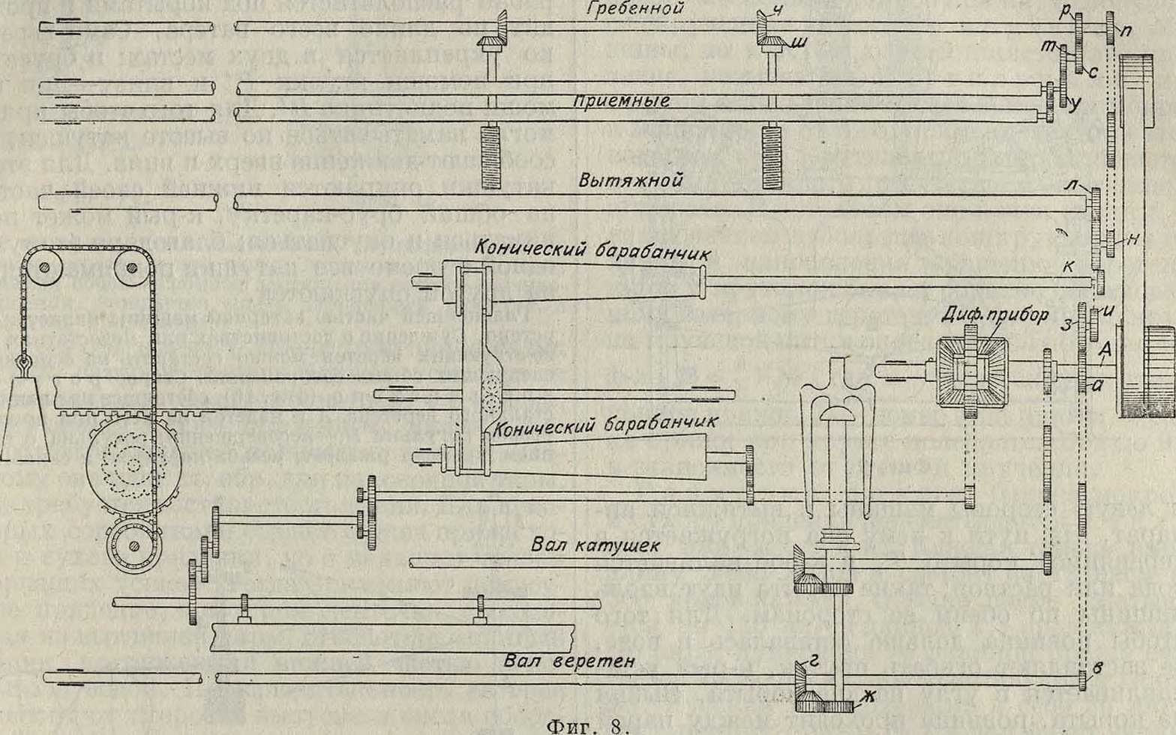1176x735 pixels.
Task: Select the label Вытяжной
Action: click(x=630, y=181)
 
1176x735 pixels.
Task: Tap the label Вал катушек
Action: click(x=595, y=545)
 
